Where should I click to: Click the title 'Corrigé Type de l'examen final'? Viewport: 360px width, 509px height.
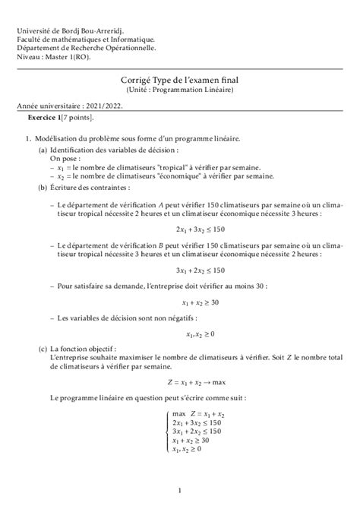(x=179, y=79)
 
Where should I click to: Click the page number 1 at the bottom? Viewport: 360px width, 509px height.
(x=179, y=491)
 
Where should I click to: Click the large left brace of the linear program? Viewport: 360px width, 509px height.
(x=167, y=431)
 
